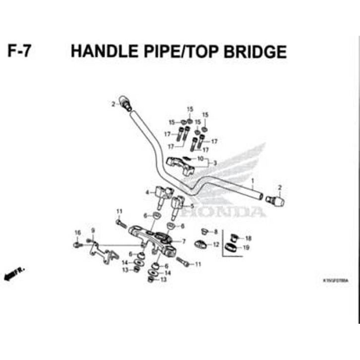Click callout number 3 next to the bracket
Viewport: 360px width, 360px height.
pos(215,163)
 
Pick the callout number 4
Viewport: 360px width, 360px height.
pos(147,192)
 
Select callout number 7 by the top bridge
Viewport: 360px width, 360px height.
pos(183,241)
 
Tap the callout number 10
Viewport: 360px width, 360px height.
pos(200,159)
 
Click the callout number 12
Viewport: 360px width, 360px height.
pos(216,244)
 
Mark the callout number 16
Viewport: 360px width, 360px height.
pos(77,233)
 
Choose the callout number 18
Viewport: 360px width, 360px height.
pos(248,238)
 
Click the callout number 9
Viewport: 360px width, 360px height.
pos(92,230)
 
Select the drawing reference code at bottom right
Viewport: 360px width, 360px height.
pos(335,280)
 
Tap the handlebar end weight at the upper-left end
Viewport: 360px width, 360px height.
pos(125,103)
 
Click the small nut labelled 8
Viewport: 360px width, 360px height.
pos(203,231)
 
